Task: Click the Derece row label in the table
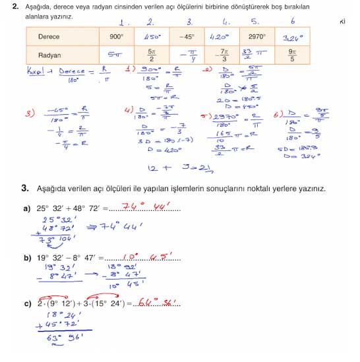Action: (x=49, y=37)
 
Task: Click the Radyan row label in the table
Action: (x=49, y=55)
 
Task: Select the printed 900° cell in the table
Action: (x=117, y=37)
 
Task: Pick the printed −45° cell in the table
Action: (x=187, y=37)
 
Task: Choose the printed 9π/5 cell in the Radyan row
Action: (x=293, y=55)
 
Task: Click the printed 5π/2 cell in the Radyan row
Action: (x=152, y=55)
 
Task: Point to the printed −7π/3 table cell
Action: (x=222, y=55)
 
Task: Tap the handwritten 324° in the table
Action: (x=294, y=37)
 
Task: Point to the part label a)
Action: (x=26, y=209)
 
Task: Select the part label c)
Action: (x=26, y=303)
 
